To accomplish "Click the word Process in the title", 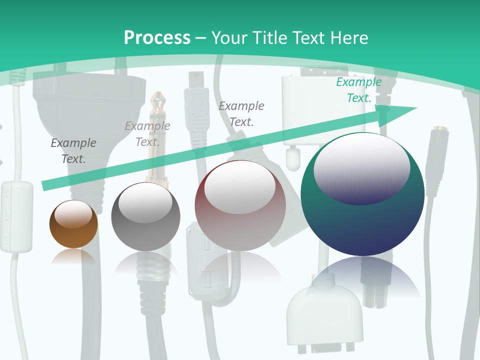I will tap(157, 37).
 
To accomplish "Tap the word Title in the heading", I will tap(270, 37).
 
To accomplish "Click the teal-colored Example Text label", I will tap(359, 90).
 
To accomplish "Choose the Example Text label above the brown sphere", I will tap(73, 151).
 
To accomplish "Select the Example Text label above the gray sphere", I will tap(147, 134).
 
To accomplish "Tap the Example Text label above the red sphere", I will tap(241, 114).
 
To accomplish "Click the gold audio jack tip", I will tap(159, 102).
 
